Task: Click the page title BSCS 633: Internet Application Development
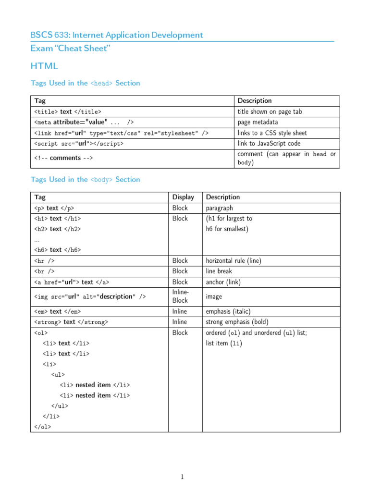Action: pos(117,35)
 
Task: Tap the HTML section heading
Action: pos(44,66)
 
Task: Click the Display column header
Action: pos(184,197)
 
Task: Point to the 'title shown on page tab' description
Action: pos(270,111)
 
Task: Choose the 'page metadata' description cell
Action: pos(258,122)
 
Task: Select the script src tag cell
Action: pos(79,144)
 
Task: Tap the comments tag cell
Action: pos(63,158)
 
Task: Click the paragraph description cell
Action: pos(219,208)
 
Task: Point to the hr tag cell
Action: pos(44,261)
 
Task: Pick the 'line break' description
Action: pos(219,271)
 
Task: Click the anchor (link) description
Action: pos(223,282)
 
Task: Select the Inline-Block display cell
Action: pos(181,296)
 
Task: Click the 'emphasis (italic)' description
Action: pos(228,311)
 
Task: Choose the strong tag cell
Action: pos(71,322)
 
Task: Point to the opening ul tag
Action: pos(58,374)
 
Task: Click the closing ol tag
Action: pos(43,427)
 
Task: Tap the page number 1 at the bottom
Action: pos(182,477)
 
